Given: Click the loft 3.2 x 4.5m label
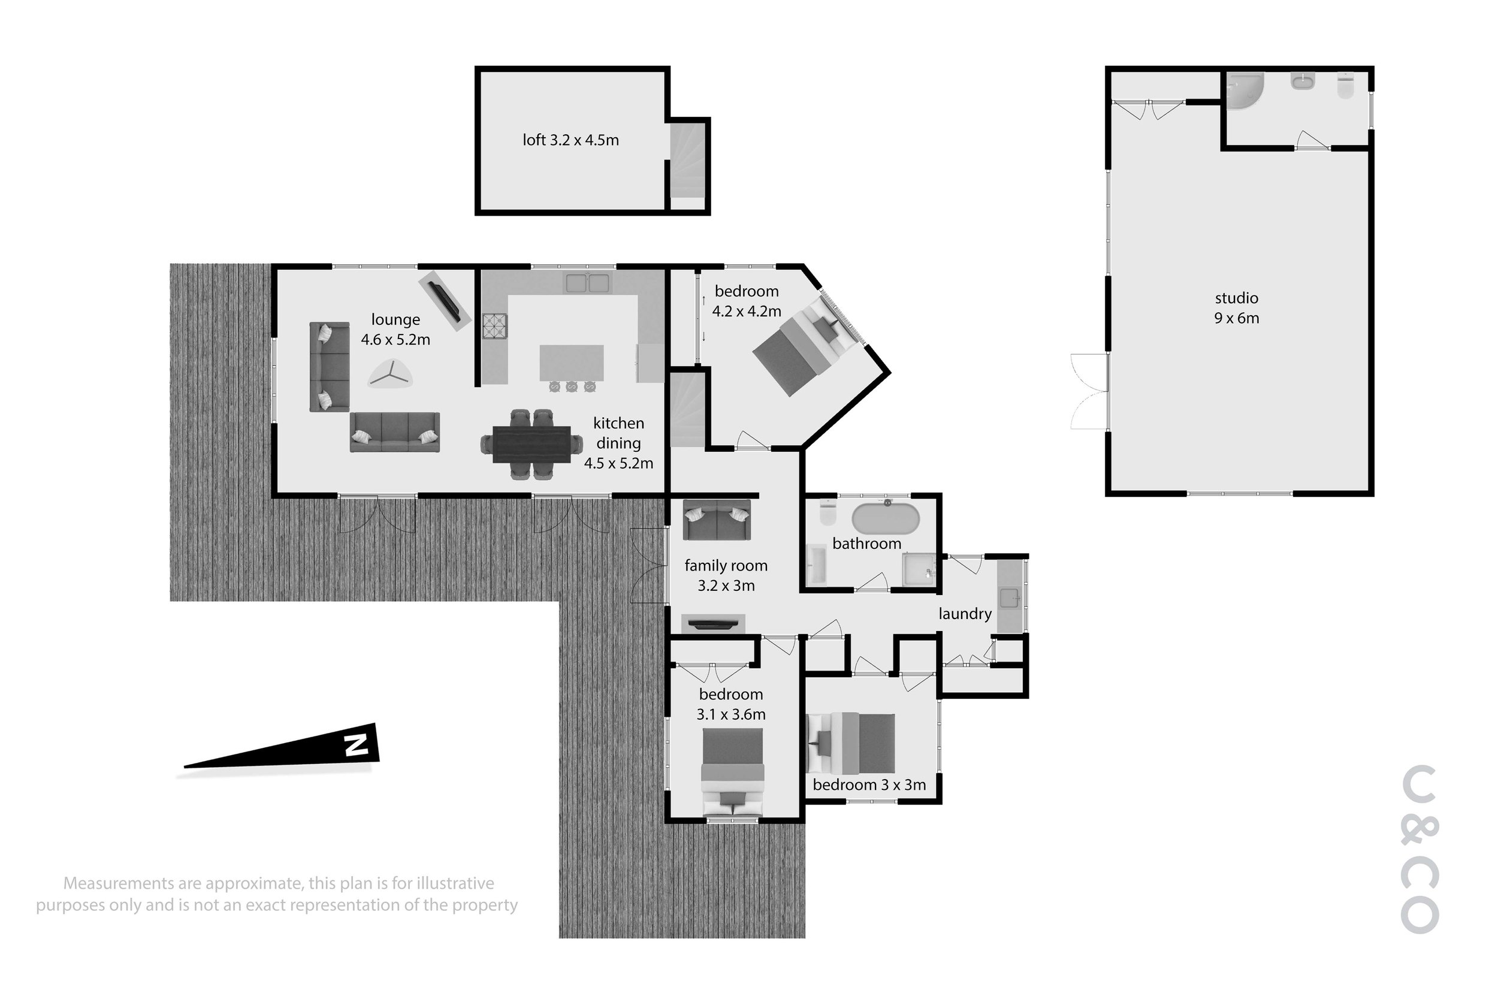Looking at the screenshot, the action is point(570,140).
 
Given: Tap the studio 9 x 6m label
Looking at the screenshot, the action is point(1236,307).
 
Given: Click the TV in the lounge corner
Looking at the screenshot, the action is point(444,303).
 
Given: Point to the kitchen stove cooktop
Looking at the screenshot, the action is point(494,325).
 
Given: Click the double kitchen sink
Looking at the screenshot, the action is point(587,282).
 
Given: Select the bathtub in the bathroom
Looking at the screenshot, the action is point(886,519).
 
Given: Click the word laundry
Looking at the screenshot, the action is point(965,614).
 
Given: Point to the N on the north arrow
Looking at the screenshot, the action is point(357,745).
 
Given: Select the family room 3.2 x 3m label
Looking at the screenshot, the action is point(726,575).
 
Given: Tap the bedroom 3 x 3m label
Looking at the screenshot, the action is point(869,785).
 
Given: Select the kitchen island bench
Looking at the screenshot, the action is point(571,363).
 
